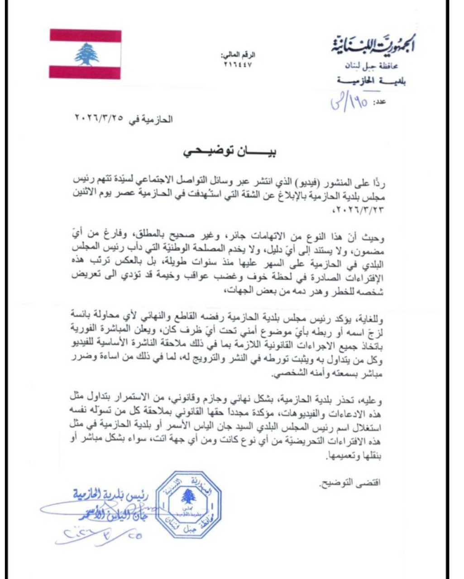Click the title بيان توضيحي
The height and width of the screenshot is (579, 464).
click(x=230, y=153)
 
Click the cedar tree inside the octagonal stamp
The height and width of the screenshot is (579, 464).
click(x=187, y=497)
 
